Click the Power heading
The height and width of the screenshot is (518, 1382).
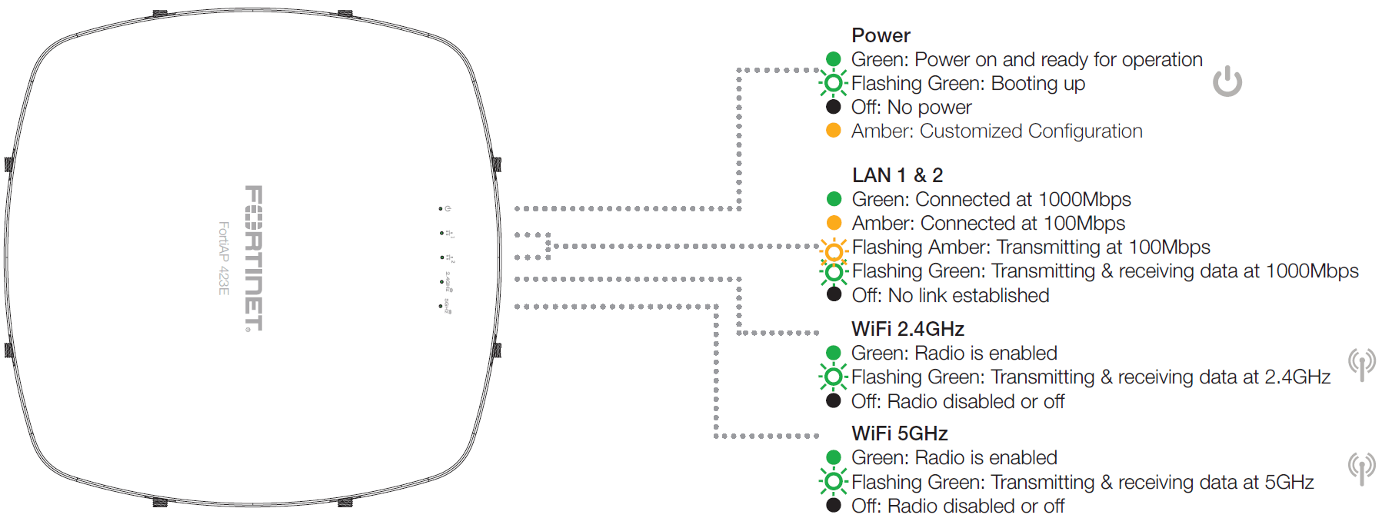(x=881, y=35)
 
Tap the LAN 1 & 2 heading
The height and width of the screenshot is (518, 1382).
(x=897, y=175)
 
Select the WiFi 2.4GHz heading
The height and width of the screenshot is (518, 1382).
(x=907, y=329)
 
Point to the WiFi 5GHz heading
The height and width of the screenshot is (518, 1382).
(x=899, y=433)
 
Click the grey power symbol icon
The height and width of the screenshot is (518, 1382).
(x=1227, y=81)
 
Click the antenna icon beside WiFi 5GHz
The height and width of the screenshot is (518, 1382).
(x=1361, y=468)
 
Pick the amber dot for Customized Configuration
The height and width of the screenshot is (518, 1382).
(x=833, y=131)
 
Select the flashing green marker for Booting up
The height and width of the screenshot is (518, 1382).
(x=833, y=83)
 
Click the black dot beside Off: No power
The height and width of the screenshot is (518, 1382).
(x=833, y=107)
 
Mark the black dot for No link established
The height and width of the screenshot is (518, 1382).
(x=834, y=294)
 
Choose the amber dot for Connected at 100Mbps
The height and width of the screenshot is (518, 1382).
(x=834, y=223)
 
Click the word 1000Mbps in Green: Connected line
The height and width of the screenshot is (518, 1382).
(x=1084, y=200)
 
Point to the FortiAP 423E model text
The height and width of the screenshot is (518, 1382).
(x=224, y=258)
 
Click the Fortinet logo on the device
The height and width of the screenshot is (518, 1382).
(x=254, y=258)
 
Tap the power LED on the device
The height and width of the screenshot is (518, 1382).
(x=441, y=208)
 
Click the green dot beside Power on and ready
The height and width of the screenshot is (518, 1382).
(x=833, y=59)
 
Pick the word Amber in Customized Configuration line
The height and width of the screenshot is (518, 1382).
(x=881, y=131)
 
